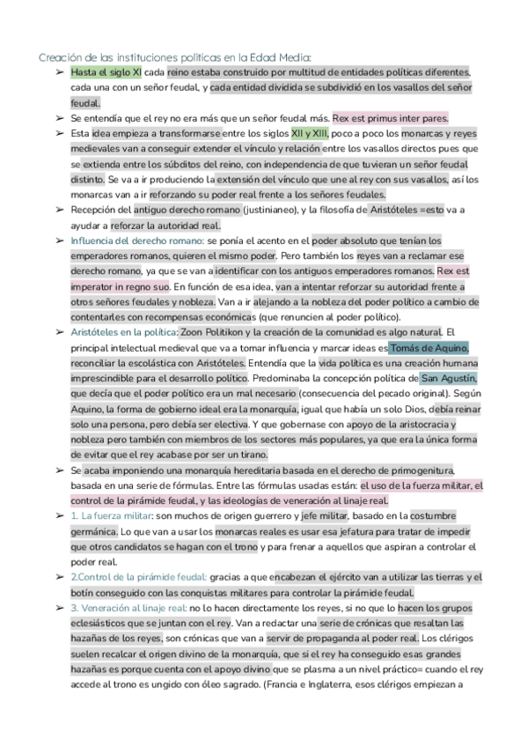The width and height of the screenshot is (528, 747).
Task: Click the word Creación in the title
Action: [61, 57]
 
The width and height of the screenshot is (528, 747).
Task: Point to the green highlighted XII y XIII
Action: [309, 134]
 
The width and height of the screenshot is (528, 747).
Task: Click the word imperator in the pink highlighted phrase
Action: [94, 286]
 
